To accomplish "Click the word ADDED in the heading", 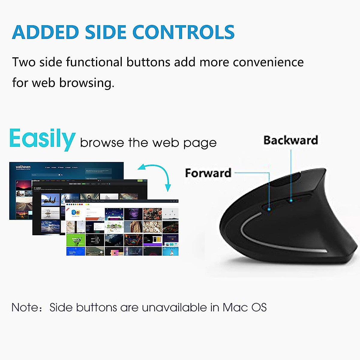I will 45,32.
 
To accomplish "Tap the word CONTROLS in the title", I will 183,32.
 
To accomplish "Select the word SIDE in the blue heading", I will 105,32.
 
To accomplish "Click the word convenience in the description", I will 268,62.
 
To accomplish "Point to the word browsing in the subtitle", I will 87,82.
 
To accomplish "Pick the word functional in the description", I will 94,62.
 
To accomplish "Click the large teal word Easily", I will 42,139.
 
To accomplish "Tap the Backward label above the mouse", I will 290,140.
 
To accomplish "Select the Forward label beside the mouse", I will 208,173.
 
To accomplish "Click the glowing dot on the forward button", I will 269,209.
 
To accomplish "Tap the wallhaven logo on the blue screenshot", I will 23,167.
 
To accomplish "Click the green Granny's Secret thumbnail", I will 76,240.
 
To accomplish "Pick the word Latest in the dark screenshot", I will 38,188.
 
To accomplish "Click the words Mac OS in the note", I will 244,307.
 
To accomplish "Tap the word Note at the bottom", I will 23,307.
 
